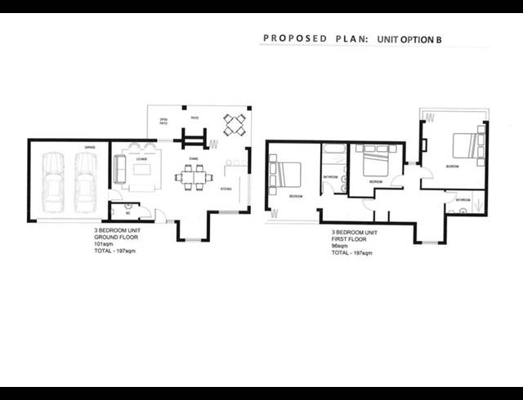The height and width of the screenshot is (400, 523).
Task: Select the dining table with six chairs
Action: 194,176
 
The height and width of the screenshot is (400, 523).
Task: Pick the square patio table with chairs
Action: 235,125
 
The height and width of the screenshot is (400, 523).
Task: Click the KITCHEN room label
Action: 226,189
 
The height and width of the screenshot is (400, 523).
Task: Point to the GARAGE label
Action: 90,147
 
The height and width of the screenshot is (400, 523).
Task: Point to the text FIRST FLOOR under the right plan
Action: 350,238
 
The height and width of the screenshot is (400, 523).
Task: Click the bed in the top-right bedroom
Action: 466,144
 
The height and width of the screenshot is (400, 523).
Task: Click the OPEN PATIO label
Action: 164,122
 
